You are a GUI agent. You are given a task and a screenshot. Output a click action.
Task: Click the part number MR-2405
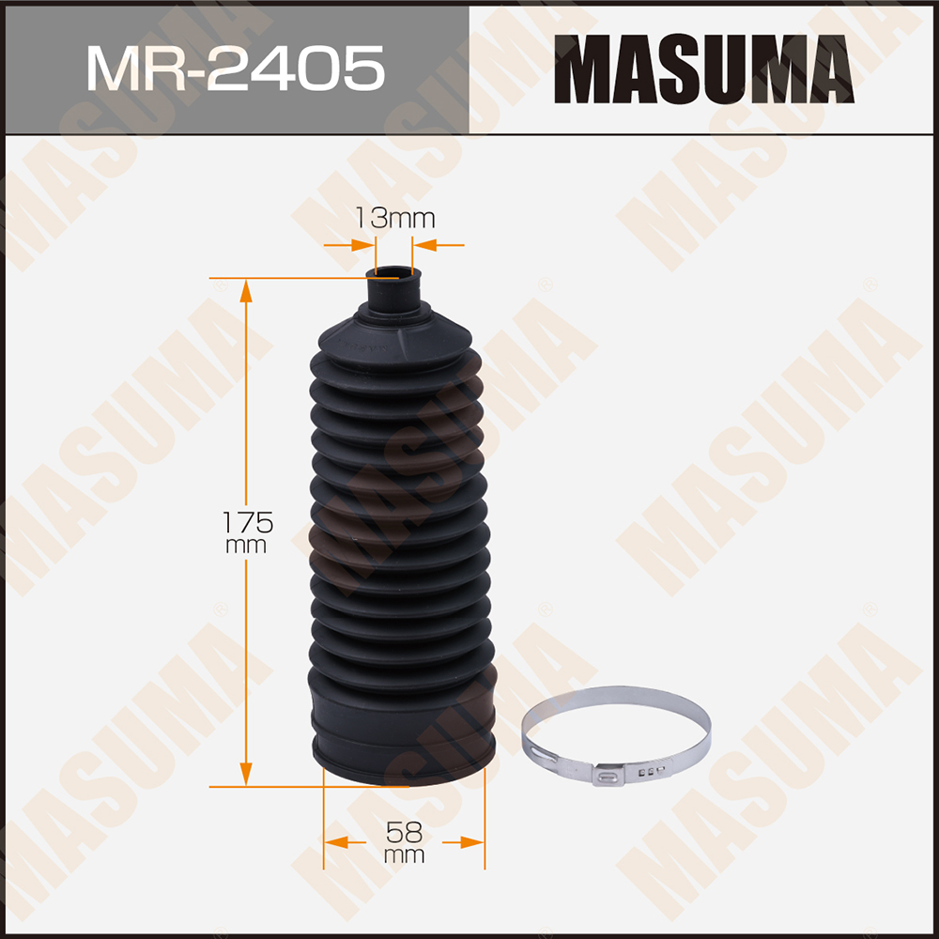(236, 69)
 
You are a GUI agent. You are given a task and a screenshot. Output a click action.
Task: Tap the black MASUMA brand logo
(703, 69)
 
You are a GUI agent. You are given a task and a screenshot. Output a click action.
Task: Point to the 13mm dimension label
(394, 218)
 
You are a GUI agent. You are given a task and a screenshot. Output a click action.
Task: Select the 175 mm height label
(247, 531)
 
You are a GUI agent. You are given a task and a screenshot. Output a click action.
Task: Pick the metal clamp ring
(617, 695)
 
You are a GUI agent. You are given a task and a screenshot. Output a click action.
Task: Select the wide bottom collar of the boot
(404, 740)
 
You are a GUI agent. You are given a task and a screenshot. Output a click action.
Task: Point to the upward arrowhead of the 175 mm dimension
(245, 292)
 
